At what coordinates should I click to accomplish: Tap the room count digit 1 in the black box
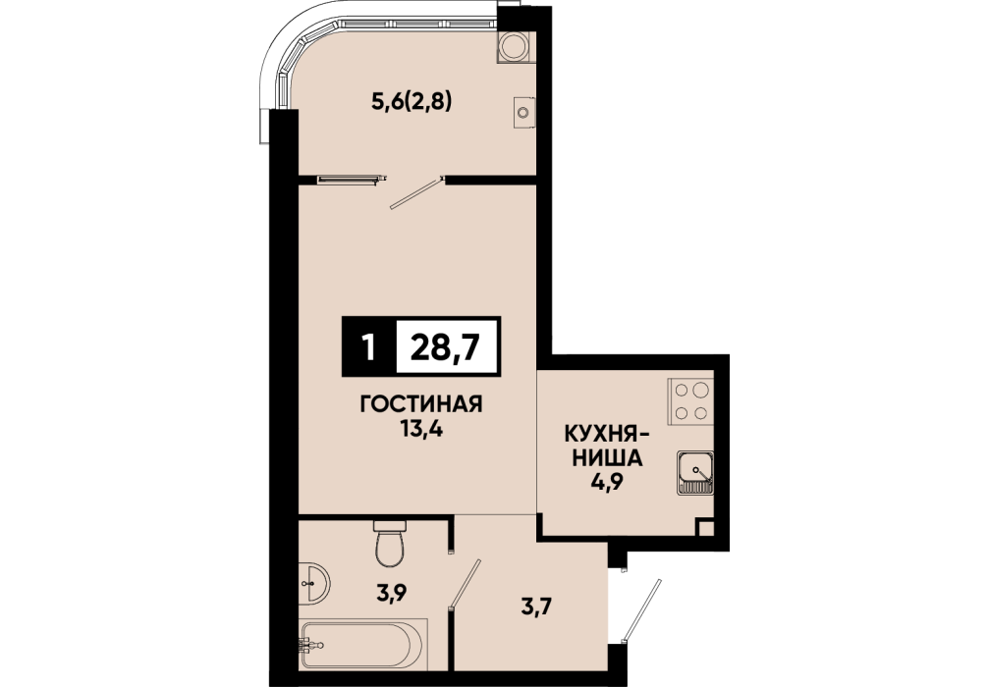tap(368, 347)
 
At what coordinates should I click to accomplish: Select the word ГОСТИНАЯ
tap(421, 403)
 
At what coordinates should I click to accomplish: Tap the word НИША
tap(607, 458)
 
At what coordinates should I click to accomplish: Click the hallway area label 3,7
tap(536, 608)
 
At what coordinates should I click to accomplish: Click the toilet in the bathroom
tap(389, 542)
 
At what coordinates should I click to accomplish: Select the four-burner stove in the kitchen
tap(691, 401)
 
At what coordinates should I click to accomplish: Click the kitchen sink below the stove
tap(695, 473)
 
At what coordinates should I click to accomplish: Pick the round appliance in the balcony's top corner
tap(516, 46)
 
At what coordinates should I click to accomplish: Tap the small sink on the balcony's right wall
tap(524, 113)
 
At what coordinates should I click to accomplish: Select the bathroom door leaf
tap(465, 584)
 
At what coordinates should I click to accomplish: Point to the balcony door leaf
tap(416, 192)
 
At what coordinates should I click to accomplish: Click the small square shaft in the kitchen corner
tap(705, 528)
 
